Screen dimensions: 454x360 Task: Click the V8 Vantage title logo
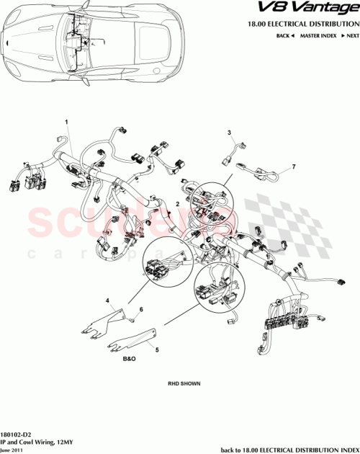coord(315,9)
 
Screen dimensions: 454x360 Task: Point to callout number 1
coord(68,123)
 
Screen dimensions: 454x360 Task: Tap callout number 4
coord(108,300)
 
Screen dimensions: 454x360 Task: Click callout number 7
coord(293,167)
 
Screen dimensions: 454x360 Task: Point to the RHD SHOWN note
coord(184,384)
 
